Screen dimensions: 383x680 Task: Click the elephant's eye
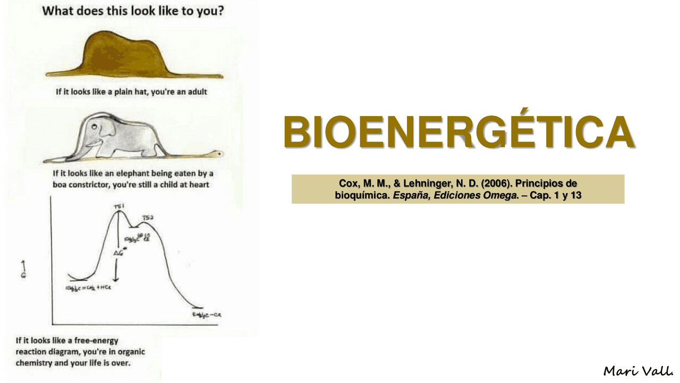point(94,128)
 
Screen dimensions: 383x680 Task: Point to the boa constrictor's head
point(217,154)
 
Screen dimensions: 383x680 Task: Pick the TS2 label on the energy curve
point(148,218)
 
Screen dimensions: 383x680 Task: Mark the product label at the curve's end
point(206,315)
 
